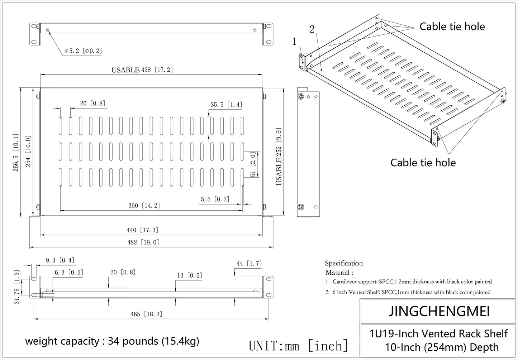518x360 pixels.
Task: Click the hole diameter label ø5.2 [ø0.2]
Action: [83, 51]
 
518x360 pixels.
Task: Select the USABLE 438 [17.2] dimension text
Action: [142, 70]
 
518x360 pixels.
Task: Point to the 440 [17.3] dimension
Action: [142, 230]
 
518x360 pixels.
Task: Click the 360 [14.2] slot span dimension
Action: [144, 206]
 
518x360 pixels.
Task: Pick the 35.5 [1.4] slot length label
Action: [226, 105]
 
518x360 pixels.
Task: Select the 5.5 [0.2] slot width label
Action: [215, 199]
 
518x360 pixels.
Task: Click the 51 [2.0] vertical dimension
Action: [253, 164]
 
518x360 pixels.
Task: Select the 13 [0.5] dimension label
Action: [189, 275]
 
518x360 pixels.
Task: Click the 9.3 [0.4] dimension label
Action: [60, 260]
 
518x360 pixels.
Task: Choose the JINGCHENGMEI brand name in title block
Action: [439, 311]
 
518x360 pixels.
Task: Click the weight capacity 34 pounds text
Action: [112, 341]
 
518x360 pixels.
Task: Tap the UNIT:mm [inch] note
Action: [298, 346]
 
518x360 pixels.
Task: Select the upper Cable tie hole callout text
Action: [452, 27]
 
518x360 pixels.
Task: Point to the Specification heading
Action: [344, 263]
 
